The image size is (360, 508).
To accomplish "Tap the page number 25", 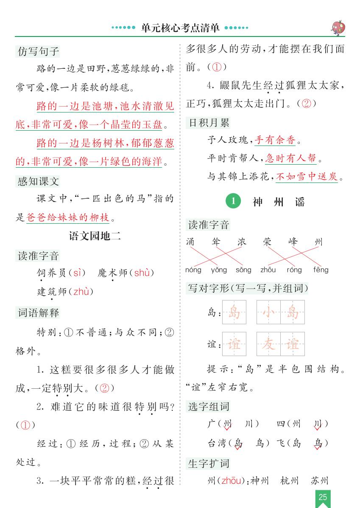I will click(323, 497).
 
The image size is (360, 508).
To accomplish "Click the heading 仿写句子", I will click(38, 52).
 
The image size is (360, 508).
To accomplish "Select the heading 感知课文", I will click(38, 182).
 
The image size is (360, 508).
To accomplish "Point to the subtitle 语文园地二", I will click(95, 236).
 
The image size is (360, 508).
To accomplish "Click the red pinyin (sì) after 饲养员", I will click(77, 273).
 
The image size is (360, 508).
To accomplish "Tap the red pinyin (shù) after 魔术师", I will click(142, 273).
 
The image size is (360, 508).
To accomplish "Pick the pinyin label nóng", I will click(193, 270).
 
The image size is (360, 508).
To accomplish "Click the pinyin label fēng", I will click(321, 270).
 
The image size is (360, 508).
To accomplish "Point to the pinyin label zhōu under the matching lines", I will click(268, 270).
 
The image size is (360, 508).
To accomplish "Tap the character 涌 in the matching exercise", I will click(191, 242).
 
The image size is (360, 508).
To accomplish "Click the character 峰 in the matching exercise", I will click(293, 242).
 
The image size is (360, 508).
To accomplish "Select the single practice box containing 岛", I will click(234, 312).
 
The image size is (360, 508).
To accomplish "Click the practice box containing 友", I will click(268, 343).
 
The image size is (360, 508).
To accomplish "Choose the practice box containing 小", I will click(268, 312).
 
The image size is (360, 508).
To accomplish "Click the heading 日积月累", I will click(209, 123).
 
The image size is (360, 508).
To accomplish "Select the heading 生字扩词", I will click(209, 463).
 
